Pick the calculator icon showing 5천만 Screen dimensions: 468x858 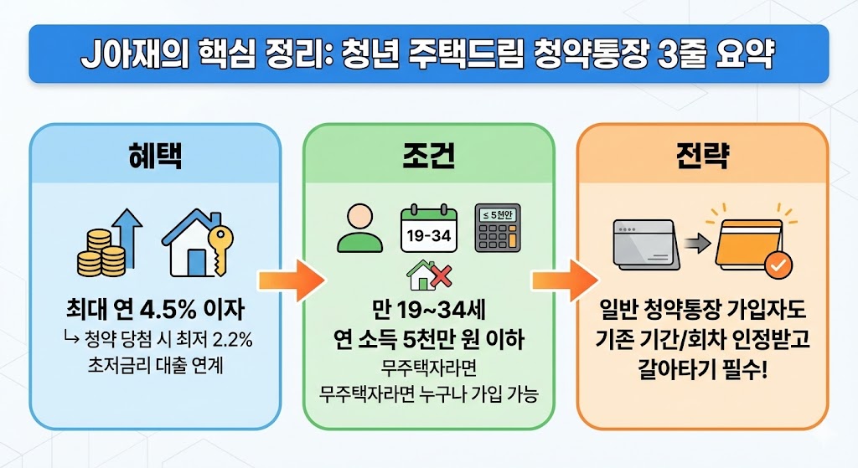(x=497, y=227)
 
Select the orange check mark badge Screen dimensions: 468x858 (x=775, y=267)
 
